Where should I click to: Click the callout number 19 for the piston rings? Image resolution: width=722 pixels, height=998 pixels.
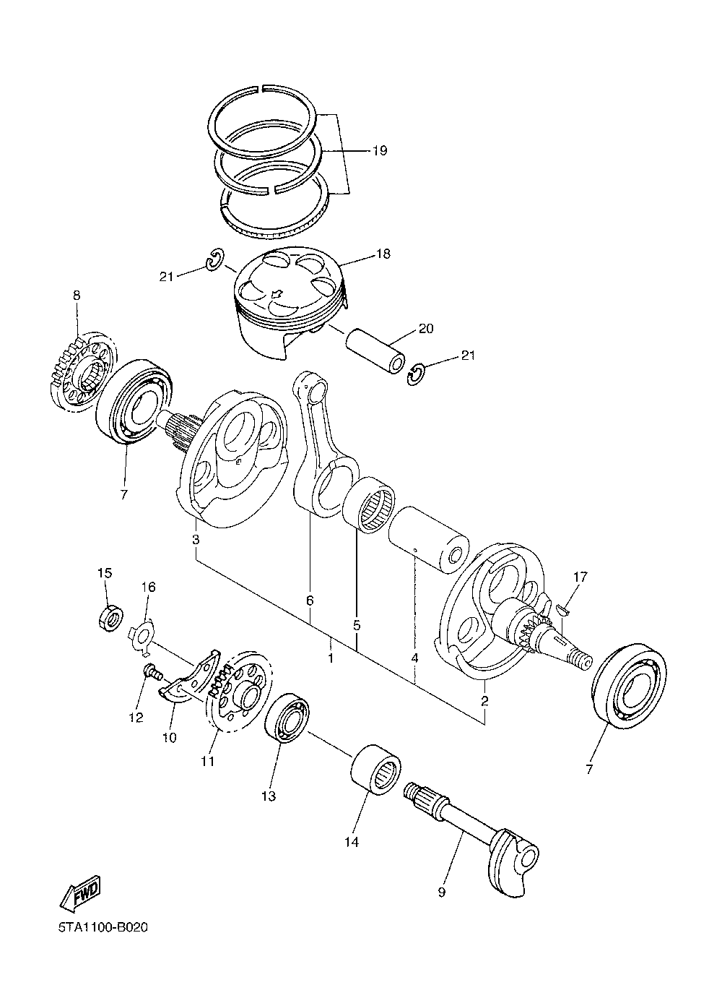coord(380,150)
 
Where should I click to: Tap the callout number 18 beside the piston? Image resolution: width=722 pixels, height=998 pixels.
coord(383,254)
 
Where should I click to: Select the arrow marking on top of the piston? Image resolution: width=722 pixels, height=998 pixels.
coord(277,293)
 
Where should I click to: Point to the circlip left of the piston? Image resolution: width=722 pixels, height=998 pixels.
coord(215,259)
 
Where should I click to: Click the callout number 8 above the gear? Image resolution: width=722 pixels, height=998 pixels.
coord(77,295)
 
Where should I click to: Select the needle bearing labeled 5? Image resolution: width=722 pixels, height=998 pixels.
coord(370,505)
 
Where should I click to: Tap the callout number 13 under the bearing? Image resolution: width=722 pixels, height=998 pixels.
coord(269,796)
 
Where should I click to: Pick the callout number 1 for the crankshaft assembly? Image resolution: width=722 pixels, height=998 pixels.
coord(330,658)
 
